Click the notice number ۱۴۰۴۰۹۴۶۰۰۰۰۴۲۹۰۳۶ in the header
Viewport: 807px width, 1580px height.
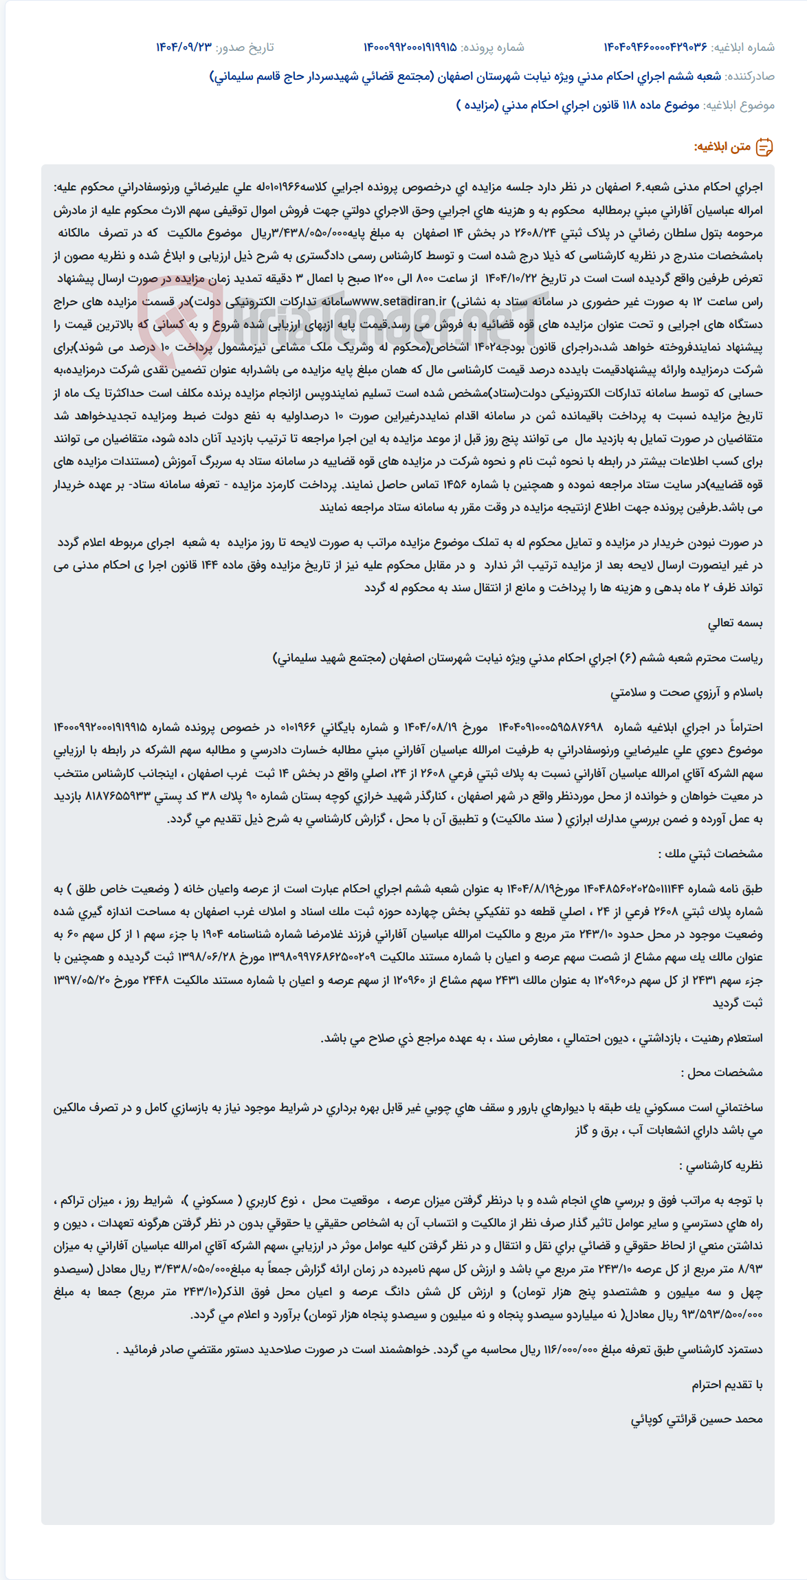pyautogui.click(x=655, y=47)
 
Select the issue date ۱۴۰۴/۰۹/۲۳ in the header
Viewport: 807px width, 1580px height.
pyautogui.click(x=184, y=47)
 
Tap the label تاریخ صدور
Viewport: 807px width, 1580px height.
pyautogui.click(x=245, y=47)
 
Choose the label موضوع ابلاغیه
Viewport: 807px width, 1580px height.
pyautogui.click(x=740, y=105)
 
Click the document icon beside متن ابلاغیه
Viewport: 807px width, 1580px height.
pyautogui.click(x=764, y=147)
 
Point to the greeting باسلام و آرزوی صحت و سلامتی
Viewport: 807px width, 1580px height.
pyautogui.click(x=686, y=692)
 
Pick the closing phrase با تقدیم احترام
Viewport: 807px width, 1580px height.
pyautogui.click(x=727, y=1384)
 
